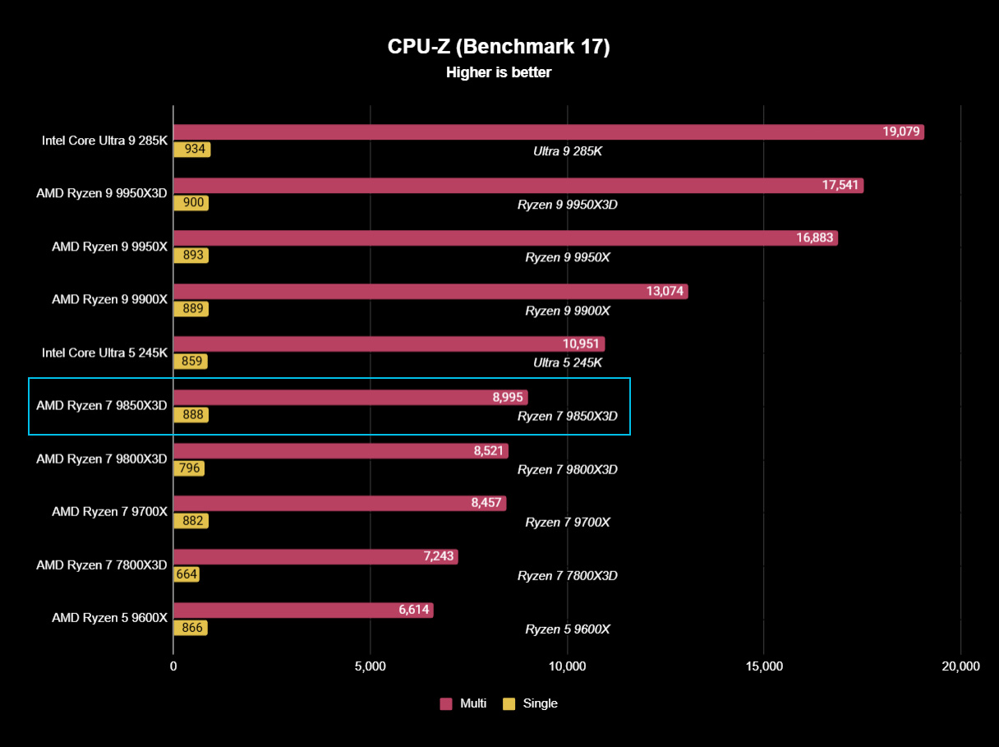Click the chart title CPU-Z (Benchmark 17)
point(499,47)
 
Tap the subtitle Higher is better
point(499,72)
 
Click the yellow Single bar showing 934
point(192,150)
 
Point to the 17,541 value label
point(840,185)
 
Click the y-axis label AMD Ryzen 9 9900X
point(109,299)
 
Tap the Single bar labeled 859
point(191,362)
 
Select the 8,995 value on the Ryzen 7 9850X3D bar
point(508,397)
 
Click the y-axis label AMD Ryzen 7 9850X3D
point(102,405)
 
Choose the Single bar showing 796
point(189,468)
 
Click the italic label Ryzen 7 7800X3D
point(567,575)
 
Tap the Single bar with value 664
point(186,574)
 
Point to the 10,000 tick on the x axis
point(567,666)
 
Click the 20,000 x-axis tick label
point(960,666)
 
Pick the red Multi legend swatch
point(446,703)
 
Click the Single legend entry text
point(540,703)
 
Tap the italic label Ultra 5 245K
point(567,362)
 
